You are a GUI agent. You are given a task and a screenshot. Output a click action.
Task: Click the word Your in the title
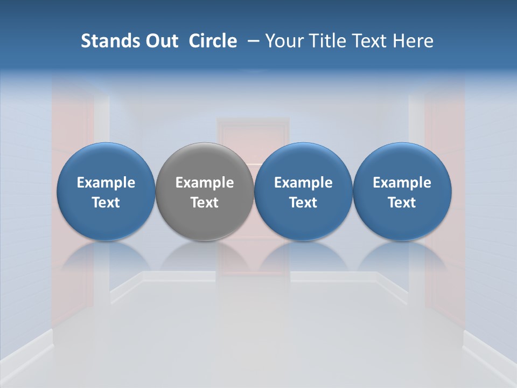tap(283, 41)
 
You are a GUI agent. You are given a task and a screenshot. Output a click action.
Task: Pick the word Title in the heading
tap(325, 41)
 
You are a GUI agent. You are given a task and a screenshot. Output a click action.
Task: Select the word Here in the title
tap(413, 41)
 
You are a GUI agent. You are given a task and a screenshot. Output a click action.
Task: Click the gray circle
tap(205, 162)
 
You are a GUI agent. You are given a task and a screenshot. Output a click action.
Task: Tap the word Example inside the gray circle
tap(205, 183)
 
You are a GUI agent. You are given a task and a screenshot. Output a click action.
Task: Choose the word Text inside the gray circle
tap(205, 203)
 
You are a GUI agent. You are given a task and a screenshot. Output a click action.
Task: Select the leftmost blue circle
tap(106, 162)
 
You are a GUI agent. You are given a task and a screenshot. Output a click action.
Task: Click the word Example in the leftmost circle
tap(106, 183)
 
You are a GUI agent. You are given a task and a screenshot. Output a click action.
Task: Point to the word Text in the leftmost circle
tap(106, 203)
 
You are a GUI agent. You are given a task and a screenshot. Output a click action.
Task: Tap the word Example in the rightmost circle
tap(402, 183)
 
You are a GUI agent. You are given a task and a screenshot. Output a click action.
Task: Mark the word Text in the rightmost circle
tap(402, 203)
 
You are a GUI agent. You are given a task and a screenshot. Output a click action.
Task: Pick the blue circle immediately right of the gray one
tap(303, 162)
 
